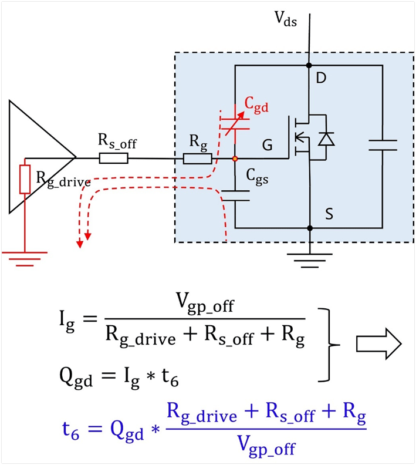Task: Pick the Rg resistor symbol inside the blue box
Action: (197, 159)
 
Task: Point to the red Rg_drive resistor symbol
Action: (25, 179)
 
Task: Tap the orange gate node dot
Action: (235, 159)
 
